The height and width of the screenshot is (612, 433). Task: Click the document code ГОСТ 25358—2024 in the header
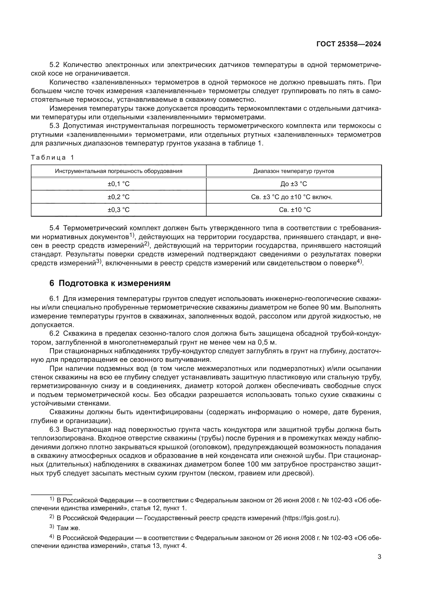348,44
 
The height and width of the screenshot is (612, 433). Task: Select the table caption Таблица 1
52,158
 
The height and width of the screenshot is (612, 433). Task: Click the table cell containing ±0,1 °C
118,184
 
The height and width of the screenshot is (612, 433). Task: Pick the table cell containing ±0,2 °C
118,197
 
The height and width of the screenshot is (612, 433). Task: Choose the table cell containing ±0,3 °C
118,210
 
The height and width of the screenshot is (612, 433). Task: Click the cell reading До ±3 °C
293,184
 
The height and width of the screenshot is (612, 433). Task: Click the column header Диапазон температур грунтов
293,171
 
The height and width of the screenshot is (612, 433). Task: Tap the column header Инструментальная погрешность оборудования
118,171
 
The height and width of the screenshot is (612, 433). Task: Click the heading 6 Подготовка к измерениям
110,283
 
